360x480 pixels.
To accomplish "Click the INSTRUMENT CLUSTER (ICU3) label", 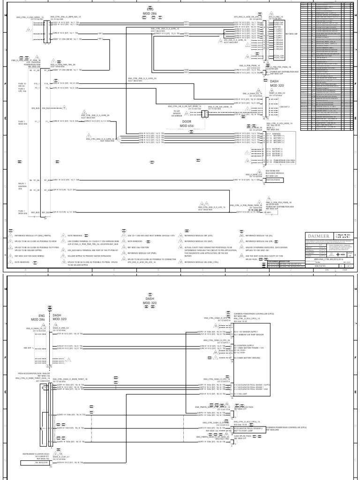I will coord(37,468).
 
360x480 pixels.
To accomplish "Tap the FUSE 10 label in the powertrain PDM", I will coord(34,84).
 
